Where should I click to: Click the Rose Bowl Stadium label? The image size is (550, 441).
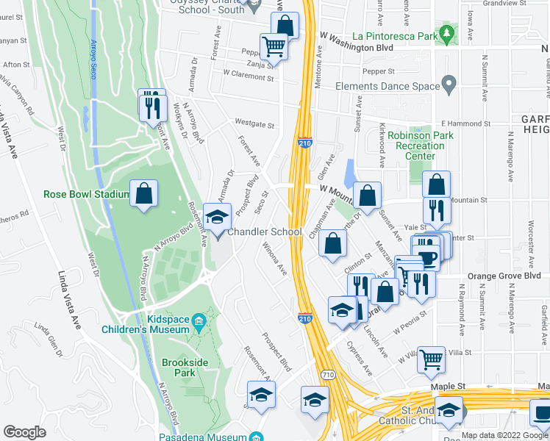[86, 195]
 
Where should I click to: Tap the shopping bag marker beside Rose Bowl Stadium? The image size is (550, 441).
[145, 195]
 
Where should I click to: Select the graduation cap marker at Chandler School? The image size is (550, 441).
[217, 218]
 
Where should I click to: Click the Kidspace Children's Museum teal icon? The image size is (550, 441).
[199, 322]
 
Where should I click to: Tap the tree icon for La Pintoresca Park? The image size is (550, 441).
[446, 34]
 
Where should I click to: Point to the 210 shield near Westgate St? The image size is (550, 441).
[304, 143]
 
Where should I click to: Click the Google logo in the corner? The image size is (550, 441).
[24, 432]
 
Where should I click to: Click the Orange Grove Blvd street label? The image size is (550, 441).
[507, 276]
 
